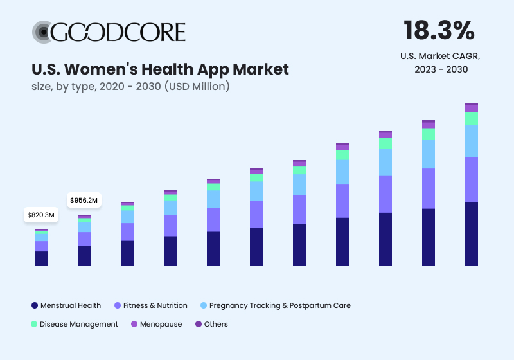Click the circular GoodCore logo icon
click(x=42, y=32)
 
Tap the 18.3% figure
click(x=439, y=30)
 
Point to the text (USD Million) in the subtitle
click(x=197, y=86)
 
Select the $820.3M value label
click(x=41, y=215)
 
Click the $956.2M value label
click(x=84, y=200)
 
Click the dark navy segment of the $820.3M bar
click(x=41, y=258)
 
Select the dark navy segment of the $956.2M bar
click(x=84, y=256)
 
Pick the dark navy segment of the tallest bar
click(x=472, y=234)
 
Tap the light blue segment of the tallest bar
click(x=472, y=141)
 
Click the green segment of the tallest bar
click(x=472, y=118)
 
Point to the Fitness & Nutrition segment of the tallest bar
click(x=472, y=179)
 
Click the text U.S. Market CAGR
click(x=440, y=56)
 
